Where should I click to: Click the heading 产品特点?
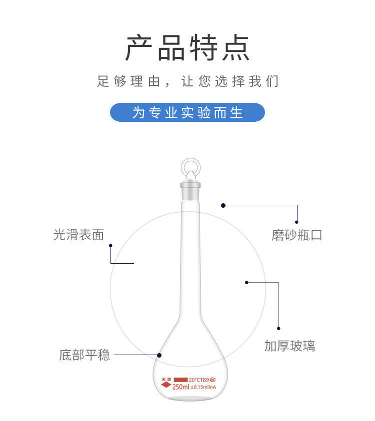click(187, 48)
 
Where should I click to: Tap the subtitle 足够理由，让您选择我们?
click(187, 81)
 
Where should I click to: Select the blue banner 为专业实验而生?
click(187, 112)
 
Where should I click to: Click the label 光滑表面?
click(78, 235)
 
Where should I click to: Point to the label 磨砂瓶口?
click(297, 235)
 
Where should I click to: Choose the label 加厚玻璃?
click(289, 346)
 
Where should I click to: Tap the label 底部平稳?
click(84, 356)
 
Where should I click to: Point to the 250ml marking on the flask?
click(180, 387)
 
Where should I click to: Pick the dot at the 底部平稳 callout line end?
click(159, 355)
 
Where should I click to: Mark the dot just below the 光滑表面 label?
click(110, 246)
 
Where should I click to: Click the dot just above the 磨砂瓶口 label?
click(296, 222)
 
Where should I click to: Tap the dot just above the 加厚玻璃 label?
click(278, 328)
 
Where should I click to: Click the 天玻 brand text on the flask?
click(166, 380)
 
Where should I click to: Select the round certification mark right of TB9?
click(213, 380)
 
